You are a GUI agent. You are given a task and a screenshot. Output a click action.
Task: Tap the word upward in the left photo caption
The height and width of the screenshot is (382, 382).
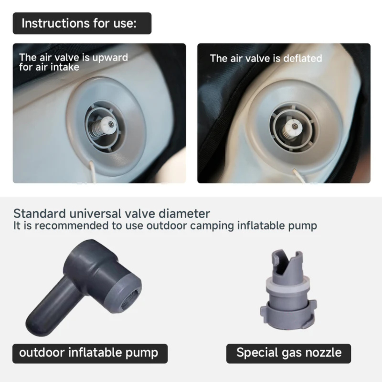[x=110, y=58]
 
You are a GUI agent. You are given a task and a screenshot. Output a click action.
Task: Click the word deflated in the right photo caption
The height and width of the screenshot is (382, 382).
[x=303, y=59]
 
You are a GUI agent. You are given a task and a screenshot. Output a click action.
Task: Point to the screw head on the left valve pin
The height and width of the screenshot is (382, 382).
[x=110, y=124]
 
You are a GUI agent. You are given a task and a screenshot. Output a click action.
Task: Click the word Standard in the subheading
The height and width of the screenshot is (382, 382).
[x=39, y=214]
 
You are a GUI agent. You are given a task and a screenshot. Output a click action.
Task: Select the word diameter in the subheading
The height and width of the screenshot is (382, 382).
[x=184, y=214]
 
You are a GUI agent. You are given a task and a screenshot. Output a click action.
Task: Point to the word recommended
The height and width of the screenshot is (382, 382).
[x=72, y=226]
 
